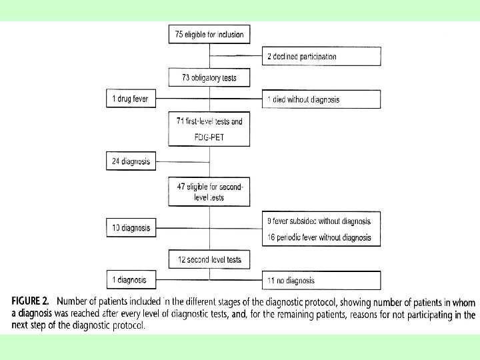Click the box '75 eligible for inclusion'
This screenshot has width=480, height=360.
[x=209, y=34]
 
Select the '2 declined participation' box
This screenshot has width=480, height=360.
[x=321, y=57]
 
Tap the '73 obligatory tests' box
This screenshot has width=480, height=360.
[x=209, y=78]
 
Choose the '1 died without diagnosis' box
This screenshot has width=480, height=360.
[x=321, y=99]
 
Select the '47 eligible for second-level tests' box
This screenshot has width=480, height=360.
[x=209, y=193]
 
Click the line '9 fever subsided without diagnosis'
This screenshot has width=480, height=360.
[x=319, y=221]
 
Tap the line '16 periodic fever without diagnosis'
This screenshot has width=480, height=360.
[x=319, y=237]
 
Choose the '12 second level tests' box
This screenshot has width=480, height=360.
[x=209, y=259]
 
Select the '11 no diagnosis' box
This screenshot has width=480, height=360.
[x=321, y=280]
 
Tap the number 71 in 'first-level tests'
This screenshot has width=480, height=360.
[x=180, y=121]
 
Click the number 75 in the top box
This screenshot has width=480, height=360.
[x=180, y=34]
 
